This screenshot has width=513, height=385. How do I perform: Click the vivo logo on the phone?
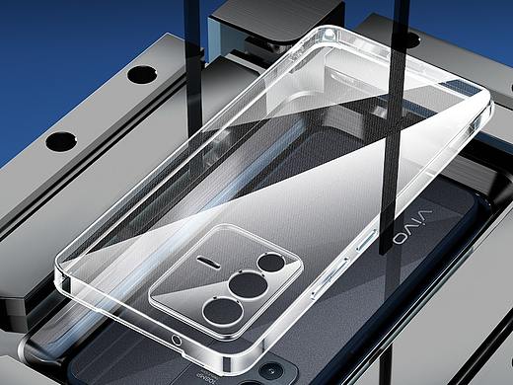(x=413, y=225)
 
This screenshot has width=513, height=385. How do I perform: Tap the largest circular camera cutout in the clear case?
(x=223, y=312)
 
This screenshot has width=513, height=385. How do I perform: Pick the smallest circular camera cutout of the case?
(x=271, y=263)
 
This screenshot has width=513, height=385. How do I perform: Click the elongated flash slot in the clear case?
(x=209, y=261)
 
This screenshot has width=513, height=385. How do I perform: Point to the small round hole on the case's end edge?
(x=177, y=341)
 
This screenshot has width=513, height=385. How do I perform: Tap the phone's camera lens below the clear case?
(x=271, y=372)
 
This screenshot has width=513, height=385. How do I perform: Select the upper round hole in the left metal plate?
(x=142, y=74)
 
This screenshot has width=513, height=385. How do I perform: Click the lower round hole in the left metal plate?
(x=61, y=142)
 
